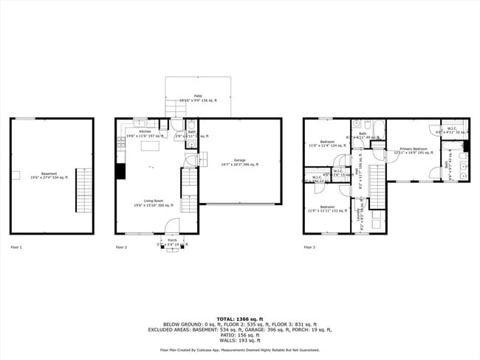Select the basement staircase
click(x=83, y=191)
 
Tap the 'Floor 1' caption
click(x=16, y=247)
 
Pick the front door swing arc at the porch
click(x=171, y=226)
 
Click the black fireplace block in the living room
click(x=120, y=171)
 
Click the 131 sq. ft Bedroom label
click(x=327, y=209)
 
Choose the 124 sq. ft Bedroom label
click(x=326, y=143)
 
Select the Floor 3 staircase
click(x=377, y=187)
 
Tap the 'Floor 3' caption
click(x=309, y=247)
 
